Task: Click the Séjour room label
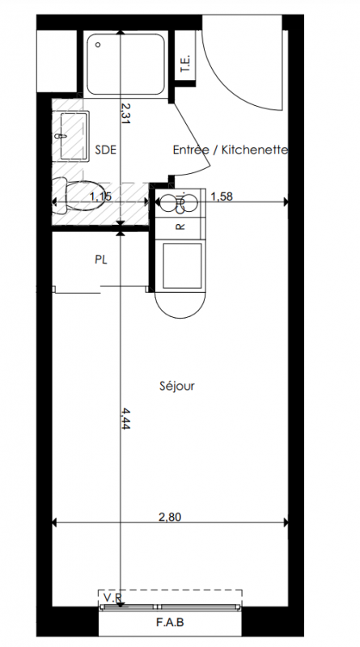[x=176, y=387]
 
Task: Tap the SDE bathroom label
[x=106, y=150]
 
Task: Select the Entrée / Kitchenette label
[x=231, y=150]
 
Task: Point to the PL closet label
[x=101, y=260]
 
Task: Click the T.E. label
[x=185, y=63]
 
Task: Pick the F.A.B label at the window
[x=170, y=622]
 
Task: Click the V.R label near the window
[x=112, y=598]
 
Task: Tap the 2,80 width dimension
[x=170, y=517]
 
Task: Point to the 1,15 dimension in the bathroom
[x=101, y=197]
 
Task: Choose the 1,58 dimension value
[x=222, y=197]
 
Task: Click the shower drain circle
[x=98, y=44]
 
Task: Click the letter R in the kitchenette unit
[x=180, y=227]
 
